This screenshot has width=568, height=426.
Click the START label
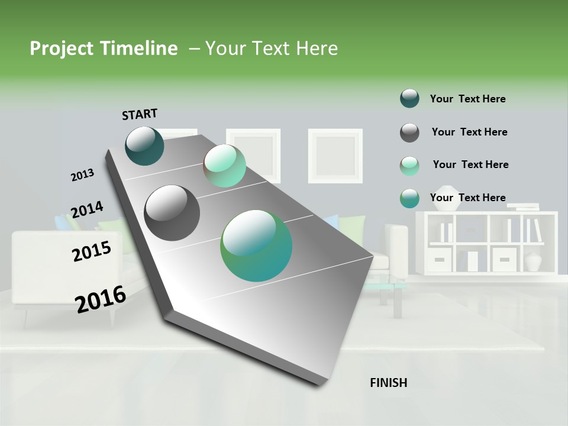click(x=140, y=114)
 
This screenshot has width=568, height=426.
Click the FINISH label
click(x=389, y=383)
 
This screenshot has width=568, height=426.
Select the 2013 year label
click(x=82, y=175)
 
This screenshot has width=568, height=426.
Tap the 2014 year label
click(x=87, y=210)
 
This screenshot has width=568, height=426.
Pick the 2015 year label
click(x=92, y=251)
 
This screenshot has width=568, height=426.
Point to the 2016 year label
click(x=101, y=299)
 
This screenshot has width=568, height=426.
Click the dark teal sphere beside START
click(x=145, y=146)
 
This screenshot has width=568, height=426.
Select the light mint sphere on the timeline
click(x=225, y=166)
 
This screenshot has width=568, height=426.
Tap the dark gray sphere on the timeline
click(x=172, y=213)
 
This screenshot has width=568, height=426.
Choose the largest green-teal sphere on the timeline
click(x=256, y=246)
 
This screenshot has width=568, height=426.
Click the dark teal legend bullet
click(x=409, y=99)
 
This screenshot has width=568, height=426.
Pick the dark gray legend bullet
click(x=409, y=133)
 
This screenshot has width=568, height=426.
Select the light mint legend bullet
click(x=409, y=166)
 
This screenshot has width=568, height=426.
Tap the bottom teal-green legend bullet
click(x=409, y=199)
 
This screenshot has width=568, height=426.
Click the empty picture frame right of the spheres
click(x=335, y=156)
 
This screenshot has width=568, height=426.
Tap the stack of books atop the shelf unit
click(x=523, y=206)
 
